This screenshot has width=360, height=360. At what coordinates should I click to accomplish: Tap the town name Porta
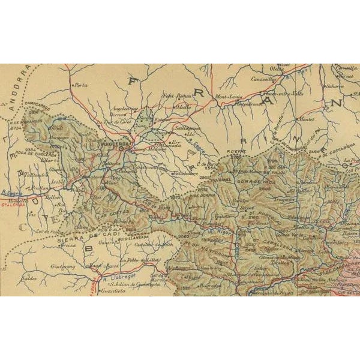80,85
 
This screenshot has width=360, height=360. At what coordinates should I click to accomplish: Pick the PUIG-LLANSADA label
130,236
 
